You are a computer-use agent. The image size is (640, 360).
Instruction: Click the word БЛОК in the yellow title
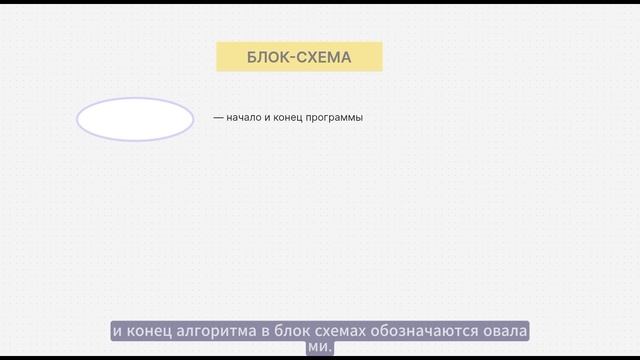pos(267,57)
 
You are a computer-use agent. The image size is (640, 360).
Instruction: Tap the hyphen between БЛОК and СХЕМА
pos(291,57)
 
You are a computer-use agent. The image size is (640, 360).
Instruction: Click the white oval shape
pos(135,119)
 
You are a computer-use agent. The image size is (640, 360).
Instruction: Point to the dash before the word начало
pos(218,118)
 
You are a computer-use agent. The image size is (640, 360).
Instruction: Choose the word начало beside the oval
pos(245,118)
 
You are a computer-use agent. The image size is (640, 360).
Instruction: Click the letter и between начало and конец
pos(270,118)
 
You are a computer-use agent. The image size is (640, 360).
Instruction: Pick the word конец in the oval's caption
pos(291,118)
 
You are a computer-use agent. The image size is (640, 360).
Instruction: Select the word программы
pos(337,118)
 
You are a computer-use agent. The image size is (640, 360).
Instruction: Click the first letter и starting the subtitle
pos(116,331)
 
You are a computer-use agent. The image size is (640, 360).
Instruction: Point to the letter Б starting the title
pos(252,57)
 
